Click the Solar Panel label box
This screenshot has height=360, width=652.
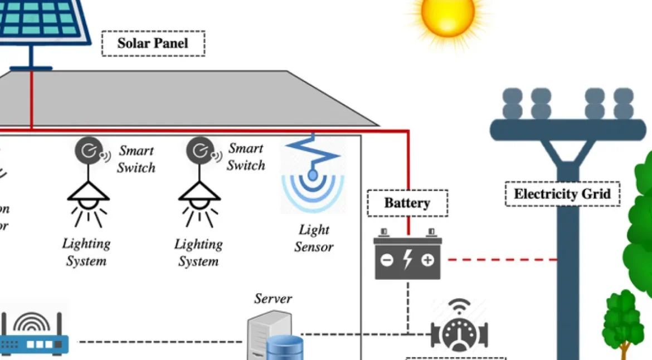pyautogui.click(x=153, y=43)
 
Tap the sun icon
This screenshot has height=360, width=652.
pyautogui.click(x=447, y=16)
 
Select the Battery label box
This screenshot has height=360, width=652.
pyautogui.click(x=407, y=203)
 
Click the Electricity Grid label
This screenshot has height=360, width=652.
pyautogui.click(x=562, y=194)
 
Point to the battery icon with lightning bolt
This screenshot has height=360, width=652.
pyautogui.click(x=407, y=257)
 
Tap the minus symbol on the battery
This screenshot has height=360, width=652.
pyautogui.click(x=387, y=260)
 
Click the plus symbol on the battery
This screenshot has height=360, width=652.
pyautogui.click(x=427, y=260)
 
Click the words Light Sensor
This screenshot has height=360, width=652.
pyautogui.click(x=314, y=238)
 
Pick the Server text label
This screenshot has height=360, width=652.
pyautogui.click(x=273, y=299)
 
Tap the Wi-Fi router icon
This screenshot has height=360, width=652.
pyautogui.click(x=35, y=334)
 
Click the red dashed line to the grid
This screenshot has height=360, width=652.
pyautogui.click(x=502, y=260)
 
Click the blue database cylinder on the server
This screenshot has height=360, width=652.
pyautogui.click(x=284, y=349)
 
